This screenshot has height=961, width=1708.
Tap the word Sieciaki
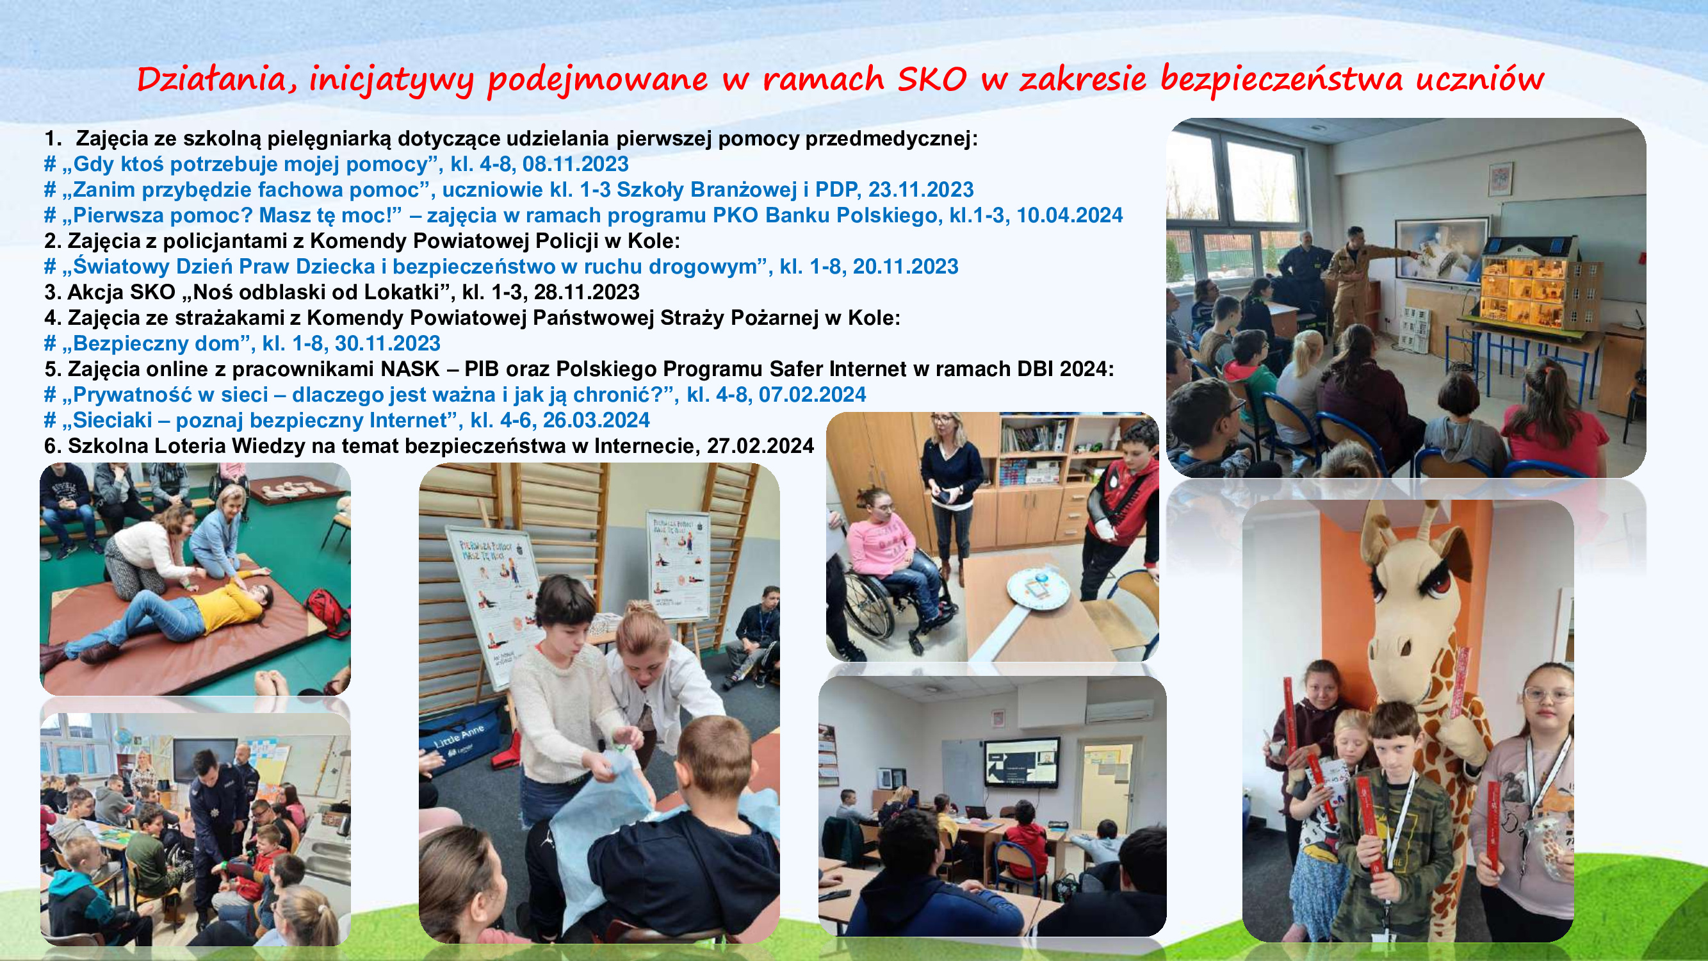[113, 420]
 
